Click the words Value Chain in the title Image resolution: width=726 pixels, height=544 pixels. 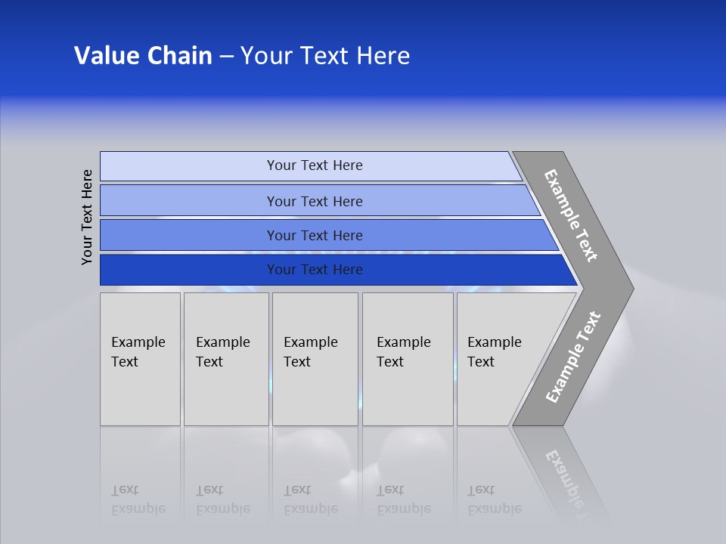point(143,56)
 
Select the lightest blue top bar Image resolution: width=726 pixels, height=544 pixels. point(189,165)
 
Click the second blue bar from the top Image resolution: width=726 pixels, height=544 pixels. point(189,201)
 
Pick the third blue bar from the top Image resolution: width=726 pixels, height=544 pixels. point(189,235)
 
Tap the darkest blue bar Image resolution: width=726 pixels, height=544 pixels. point(189,270)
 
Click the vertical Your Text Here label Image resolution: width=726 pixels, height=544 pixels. point(87,217)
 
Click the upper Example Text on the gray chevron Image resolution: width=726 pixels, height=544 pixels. point(571,215)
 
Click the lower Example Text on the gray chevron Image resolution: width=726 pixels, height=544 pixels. point(572,357)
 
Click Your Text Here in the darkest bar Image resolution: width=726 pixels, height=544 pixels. point(315,270)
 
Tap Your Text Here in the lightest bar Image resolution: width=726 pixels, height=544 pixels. point(315,165)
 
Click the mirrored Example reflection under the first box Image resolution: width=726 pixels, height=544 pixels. point(138,508)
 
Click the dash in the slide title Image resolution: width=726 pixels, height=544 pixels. point(226,56)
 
